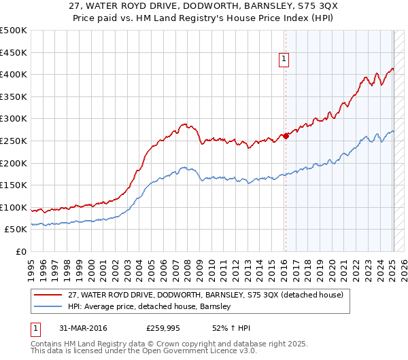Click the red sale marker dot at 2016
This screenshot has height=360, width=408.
(x=286, y=136)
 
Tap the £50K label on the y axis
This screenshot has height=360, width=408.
(x=16, y=230)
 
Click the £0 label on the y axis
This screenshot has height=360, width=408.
(x=22, y=251)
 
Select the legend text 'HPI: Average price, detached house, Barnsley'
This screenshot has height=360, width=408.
(x=150, y=306)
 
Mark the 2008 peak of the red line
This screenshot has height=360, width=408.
(x=184, y=124)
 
